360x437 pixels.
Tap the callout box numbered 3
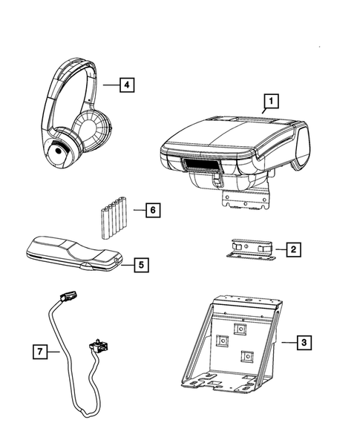(x=303, y=342)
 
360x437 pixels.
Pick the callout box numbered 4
(x=128, y=85)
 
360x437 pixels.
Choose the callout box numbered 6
(x=151, y=210)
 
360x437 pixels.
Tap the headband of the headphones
(x=71, y=74)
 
